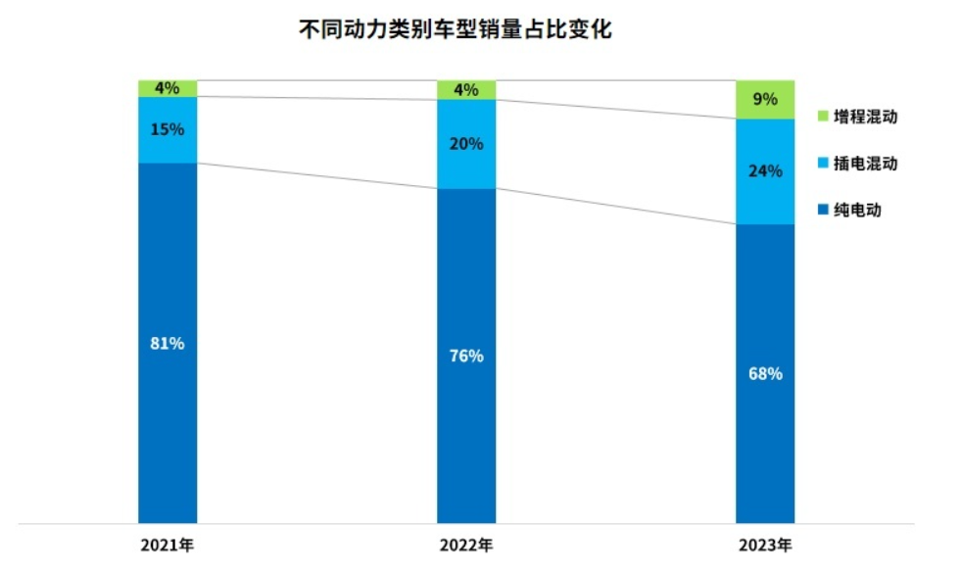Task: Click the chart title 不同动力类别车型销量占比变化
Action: coord(455,30)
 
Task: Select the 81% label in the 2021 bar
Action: coord(167,344)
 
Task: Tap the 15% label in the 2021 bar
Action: coord(167,129)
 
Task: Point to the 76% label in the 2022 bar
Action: coord(466,356)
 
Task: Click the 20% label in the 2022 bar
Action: coord(466,144)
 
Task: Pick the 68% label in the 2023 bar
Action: coord(765,373)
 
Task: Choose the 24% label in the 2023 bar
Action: coord(765,171)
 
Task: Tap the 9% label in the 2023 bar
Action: coord(765,99)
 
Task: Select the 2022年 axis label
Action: coord(466,545)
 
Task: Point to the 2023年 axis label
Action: coord(766,545)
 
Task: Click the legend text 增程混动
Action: coord(865,118)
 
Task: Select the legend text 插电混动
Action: coord(865,164)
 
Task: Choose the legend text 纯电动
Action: coord(857,210)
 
